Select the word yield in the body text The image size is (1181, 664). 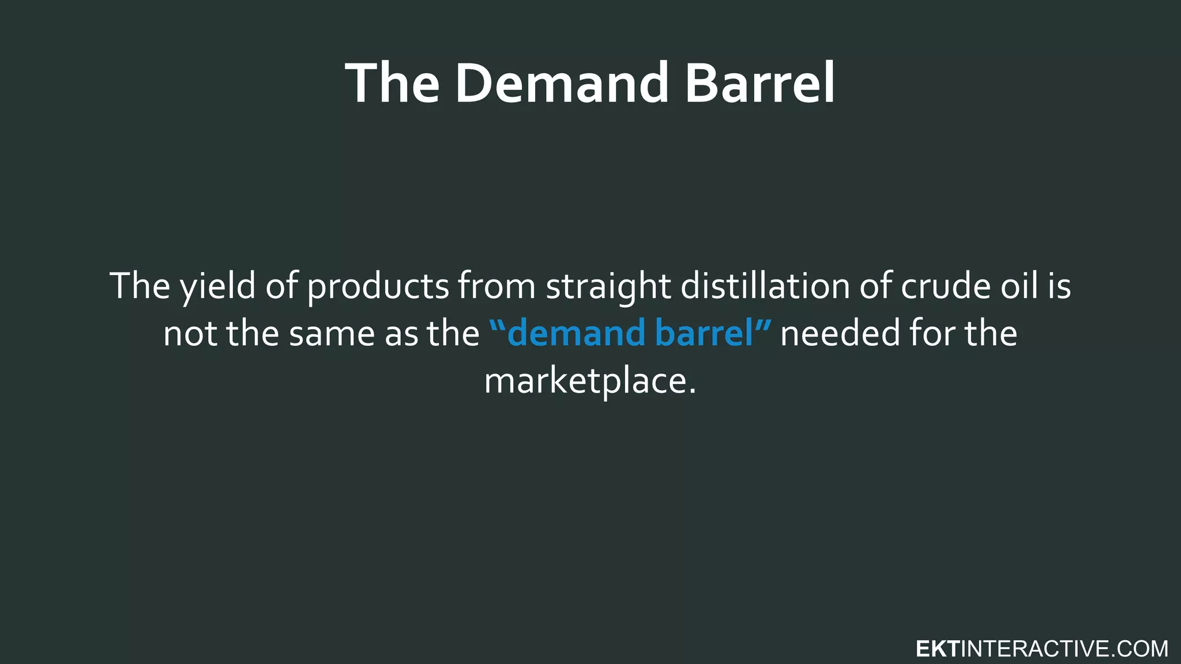click(218, 286)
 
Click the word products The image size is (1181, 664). click(378, 287)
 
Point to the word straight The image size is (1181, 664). click(608, 287)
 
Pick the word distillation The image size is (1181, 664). click(765, 286)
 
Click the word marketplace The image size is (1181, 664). click(585, 382)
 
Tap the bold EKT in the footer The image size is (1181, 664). click(937, 649)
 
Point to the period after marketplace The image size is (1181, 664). click(692, 391)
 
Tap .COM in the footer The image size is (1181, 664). click(1139, 649)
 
